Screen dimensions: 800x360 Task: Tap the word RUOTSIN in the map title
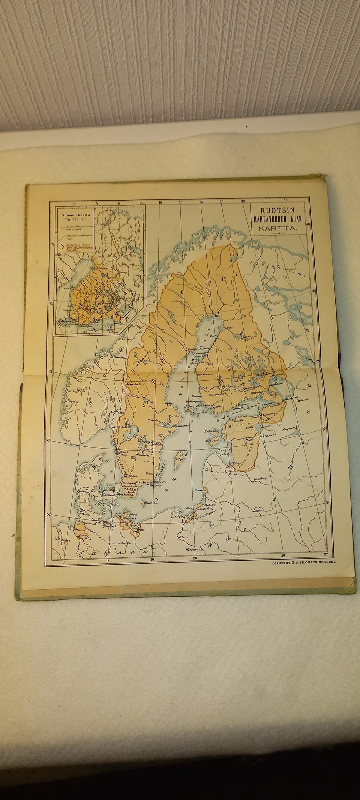[x=278, y=211]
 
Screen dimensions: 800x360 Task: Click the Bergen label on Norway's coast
[x=69, y=401]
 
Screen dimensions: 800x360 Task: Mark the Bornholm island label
[x=151, y=503]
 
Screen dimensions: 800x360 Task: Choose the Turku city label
[x=216, y=407]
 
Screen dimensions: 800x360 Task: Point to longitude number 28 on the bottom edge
[x=283, y=555]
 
